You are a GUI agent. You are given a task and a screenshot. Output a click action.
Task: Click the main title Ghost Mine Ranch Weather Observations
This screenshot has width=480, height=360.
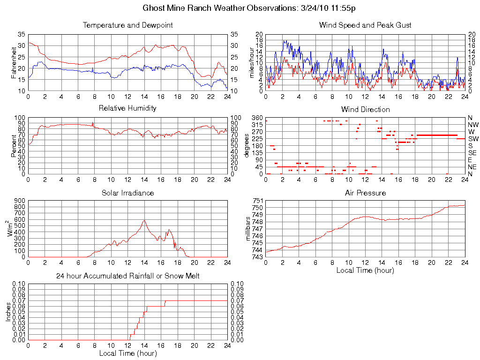click(x=240, y=8)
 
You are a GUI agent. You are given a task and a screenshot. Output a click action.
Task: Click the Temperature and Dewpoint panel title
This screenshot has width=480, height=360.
click(x=127, y=25)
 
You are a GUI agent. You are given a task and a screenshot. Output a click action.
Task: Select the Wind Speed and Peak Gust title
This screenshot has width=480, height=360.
click(x=365, y=25)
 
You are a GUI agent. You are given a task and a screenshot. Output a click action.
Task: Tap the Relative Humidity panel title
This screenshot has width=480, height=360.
click(x=127, y=108)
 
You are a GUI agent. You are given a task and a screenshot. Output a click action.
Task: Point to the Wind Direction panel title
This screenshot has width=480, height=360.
click(x=365, y=109)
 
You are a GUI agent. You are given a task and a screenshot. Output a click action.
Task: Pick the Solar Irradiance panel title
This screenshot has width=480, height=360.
click(x=127, y=193)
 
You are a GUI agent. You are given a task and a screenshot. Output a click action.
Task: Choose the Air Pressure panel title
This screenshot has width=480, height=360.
click(x=365, y=193)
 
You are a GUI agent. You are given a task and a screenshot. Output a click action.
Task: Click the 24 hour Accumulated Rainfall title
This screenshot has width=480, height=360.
click(x=127, y=276)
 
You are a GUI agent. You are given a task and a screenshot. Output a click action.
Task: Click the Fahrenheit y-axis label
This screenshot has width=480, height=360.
click(x=14, y=62)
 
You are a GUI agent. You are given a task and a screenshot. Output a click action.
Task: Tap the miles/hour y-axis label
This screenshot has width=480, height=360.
click(x=252, y=62)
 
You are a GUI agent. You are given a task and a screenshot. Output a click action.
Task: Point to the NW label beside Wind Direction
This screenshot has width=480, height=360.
click(x=472, y=125)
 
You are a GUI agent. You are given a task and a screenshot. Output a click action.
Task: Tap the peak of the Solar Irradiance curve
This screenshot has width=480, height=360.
click(x=144, y=220)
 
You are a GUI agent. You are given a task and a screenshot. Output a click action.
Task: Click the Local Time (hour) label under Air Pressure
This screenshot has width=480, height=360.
click(x=365, y=270)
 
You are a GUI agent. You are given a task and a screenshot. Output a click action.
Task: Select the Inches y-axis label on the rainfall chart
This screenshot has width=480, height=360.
click(x=8, y=312)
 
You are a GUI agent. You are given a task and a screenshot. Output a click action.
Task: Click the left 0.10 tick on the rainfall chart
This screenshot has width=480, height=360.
click(x=19, y=284)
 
